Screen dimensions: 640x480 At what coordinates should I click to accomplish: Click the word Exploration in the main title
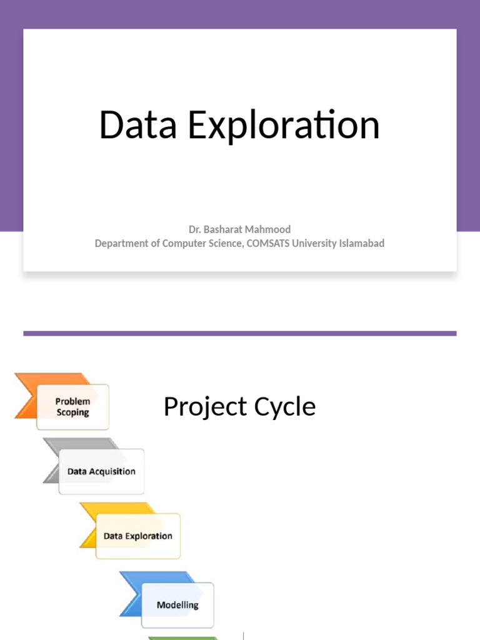pyautogui.click(x=284, y=126)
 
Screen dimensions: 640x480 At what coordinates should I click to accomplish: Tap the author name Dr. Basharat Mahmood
pyautogui.click(x=239, y=229)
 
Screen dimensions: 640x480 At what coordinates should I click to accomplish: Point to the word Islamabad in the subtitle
pyautogui.click(x=362, y=243)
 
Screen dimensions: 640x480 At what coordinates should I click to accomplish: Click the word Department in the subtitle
pyautogui.click(x=122, y=243)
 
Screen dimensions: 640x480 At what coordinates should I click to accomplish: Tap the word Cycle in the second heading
pyautogui.click(x=284, y=407)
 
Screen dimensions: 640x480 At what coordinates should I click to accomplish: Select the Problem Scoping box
pyautogui.click(x=73, y=407)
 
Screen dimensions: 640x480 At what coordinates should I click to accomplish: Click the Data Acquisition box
pyautogui.click(x=101, y=472)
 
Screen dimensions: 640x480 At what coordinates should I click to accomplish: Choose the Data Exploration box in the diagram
pyautogui.click(x=138, y=536)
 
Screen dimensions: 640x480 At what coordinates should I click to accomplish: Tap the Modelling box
pyautogui.click(x=177, y=605)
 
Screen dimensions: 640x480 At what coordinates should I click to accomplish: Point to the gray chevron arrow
pyautogui.click(x=53, y=461)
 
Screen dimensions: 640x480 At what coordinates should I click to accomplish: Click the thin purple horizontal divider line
pyautogui.click(x=239, y=334)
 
